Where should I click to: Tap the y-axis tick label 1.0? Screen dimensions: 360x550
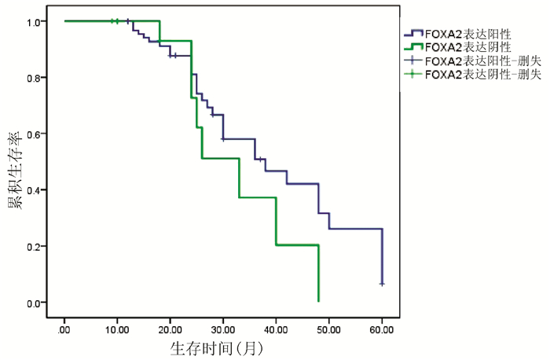(x=34, y=22)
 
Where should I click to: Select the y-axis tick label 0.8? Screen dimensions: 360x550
(x=34, y=78)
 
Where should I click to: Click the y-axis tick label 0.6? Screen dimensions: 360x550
(x=34, y=134)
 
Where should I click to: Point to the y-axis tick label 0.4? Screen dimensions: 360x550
(x=34, y=190)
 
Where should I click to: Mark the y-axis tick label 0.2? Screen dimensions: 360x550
(x=34, y=246)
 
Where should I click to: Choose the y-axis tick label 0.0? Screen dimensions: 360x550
(x=34, y=303)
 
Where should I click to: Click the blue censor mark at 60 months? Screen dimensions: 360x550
(x=382, y=283)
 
